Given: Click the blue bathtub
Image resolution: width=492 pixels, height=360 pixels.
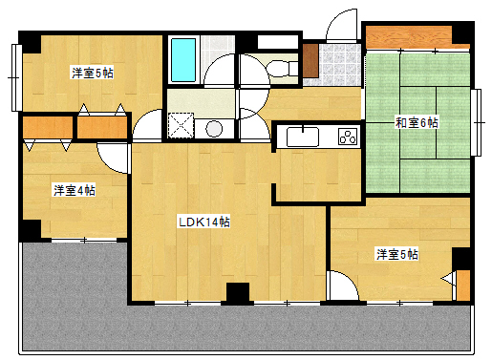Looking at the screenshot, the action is (183, 60).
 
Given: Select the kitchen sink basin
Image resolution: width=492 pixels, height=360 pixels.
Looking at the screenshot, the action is (303, 137).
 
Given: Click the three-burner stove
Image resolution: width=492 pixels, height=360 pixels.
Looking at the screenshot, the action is (348, 137).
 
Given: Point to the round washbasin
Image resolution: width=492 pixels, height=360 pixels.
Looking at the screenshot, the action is (214, 129).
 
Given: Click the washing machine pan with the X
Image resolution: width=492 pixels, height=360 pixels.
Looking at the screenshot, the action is (181, 125).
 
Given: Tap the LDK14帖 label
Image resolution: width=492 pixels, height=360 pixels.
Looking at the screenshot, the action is (204, 222).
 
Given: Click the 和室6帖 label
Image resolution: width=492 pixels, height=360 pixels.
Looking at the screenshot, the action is (417, 122).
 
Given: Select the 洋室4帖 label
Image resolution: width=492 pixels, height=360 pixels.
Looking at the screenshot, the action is (75, 190).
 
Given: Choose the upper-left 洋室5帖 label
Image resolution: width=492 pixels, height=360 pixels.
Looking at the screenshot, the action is (93, 73).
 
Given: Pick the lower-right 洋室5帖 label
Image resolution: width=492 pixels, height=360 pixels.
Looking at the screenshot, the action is (397, 254).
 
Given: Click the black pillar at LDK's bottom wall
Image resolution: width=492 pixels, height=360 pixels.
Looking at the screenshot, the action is (238, 292).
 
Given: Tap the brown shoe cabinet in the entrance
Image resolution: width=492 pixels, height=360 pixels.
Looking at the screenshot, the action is (310, 60).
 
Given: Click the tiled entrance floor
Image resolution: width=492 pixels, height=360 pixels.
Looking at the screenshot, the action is (340, 65).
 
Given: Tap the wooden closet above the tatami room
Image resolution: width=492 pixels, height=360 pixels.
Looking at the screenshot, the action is (409, 37).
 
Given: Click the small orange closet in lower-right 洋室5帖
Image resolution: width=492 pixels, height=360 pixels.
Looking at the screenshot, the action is (463, 286).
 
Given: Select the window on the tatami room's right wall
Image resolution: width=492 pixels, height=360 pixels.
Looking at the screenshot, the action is (476, 122).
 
